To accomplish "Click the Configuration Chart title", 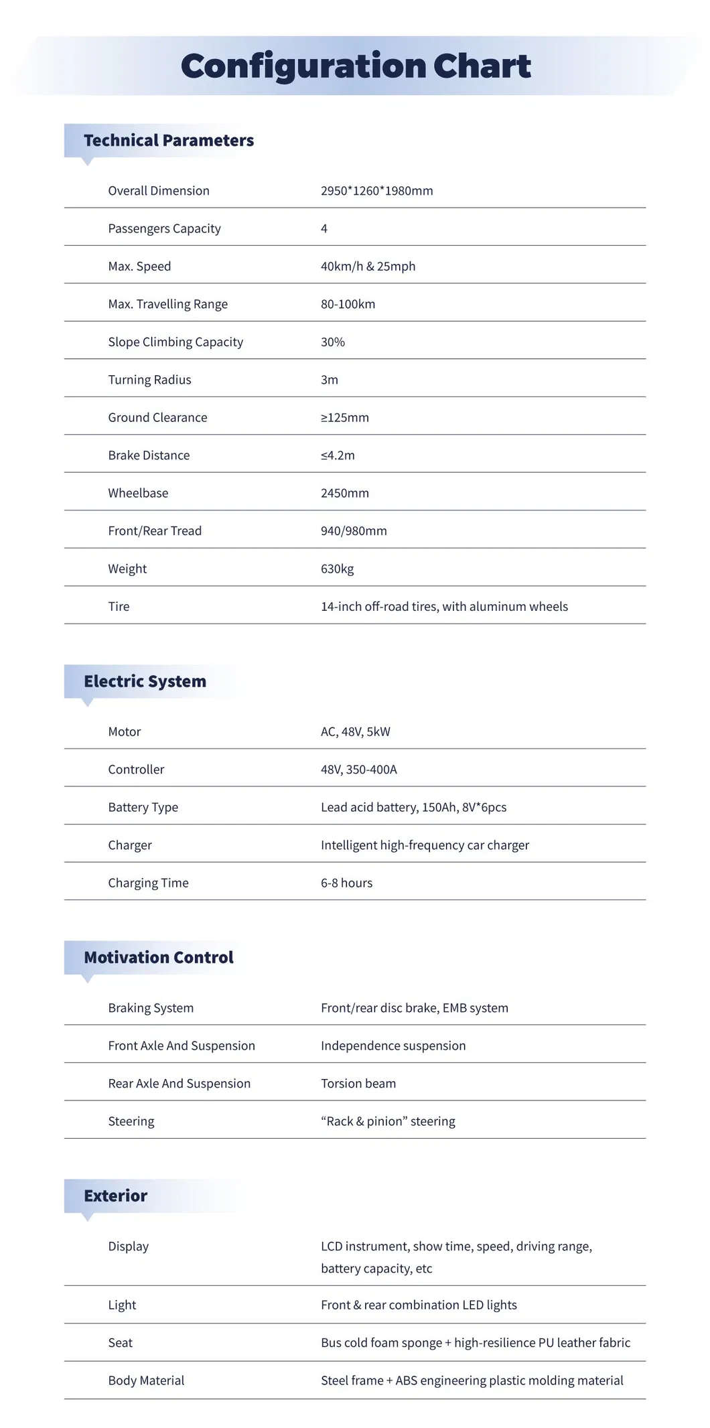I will (x=356, y=66).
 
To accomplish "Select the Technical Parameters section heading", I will (x=169, y=141).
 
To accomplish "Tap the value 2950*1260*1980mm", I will (x=376, y=191).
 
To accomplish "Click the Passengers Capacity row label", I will (x=164, y=228).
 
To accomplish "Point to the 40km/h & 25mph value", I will (x=368, y=267).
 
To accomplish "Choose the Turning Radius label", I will (x=149, y=380).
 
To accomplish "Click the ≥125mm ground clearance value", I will (x=345, y=418).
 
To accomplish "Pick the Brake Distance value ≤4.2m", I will (x=338, y=455).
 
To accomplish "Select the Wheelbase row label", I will (x=138, y=493).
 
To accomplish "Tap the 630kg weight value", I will (x=337, y=569).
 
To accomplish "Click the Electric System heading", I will (x=145, y=682).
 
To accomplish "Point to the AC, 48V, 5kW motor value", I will (x=355, y=732).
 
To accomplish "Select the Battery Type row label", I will (x=143, y=808).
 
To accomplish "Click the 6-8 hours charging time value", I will (x=346, y=883).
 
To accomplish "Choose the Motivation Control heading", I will (x=159, y=958).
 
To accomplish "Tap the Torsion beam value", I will (x=358, y=1084).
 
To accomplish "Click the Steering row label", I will (x=131, y=1121).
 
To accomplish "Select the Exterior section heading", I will (x=115, y=1196).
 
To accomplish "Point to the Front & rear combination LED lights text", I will (x=419, y=1305).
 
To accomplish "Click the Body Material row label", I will (x=146, y=1380).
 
